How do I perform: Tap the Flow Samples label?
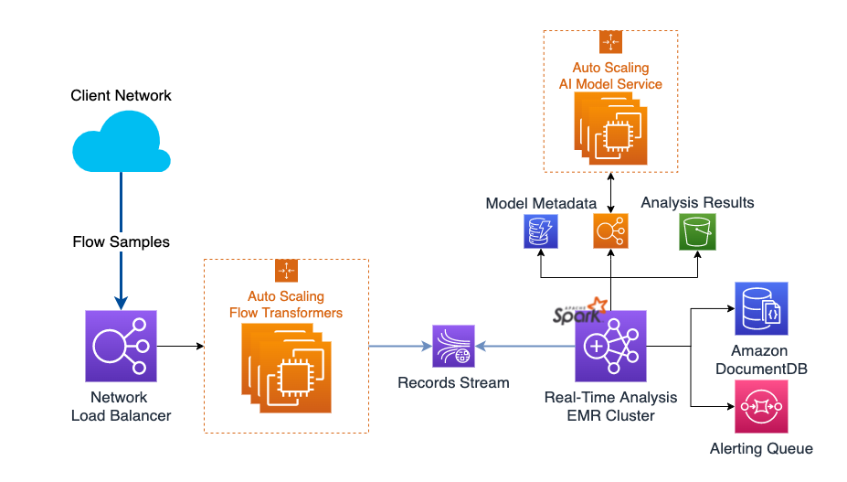click(x=122, y=242)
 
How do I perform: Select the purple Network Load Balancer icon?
click(x=122, y=347)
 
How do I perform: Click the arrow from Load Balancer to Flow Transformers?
click(x=180, y=347)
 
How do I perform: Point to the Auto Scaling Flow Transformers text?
click(x=286, y=305)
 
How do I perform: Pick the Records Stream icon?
click(x=453, y=347)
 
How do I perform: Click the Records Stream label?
click(x=453, y=382)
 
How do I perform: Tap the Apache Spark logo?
click(x=579, y=311)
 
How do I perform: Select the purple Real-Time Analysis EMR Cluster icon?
click(x=610, y=347)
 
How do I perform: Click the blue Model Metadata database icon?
click(x=541, y=231)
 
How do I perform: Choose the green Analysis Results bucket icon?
click(x=696, y=231)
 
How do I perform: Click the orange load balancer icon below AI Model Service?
click(x=610, y=231)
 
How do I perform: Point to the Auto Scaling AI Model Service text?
click(x=610, y=76)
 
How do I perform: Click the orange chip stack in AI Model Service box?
click(x=610, y=129)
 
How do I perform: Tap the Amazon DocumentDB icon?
click(x=760, y=308)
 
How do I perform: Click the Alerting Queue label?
click(x=760, y=448)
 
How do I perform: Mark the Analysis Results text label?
click(x=697, y=202)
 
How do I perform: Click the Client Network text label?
click(x=122, y=95)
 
